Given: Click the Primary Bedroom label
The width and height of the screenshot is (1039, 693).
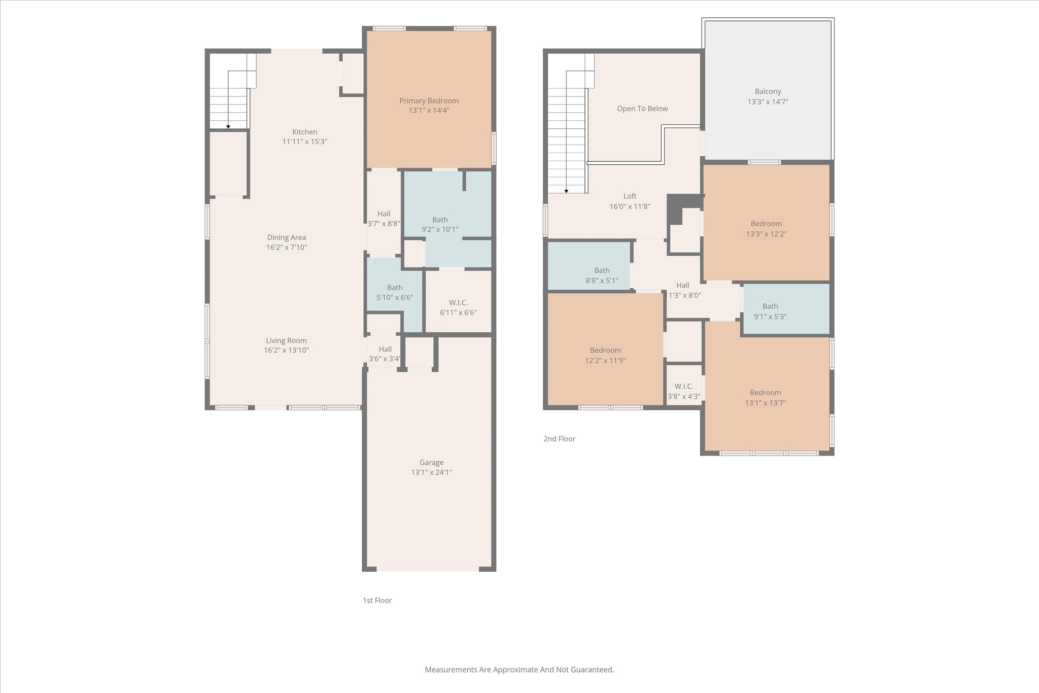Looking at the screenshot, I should coord(429,101).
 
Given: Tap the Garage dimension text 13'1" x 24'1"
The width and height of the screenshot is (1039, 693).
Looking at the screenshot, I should coord(431,472).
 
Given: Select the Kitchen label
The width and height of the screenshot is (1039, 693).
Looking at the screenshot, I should coord(304,132).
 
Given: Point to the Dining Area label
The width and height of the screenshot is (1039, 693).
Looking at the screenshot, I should coord(286,237).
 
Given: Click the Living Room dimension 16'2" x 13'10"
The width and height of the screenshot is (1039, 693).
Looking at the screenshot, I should coord(286,350).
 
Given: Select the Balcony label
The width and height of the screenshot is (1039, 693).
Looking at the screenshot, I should coord(768,92).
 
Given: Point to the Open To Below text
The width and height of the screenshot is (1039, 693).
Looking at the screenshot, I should coord(642,109).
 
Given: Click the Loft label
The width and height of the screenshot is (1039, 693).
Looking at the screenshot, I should coord(630,196).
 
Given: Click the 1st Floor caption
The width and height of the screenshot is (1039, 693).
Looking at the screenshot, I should coord(377,600).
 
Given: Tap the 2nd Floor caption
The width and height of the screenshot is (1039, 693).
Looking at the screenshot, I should coord(559,439).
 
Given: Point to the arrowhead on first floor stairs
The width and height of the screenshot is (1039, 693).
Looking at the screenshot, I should coord(229,127).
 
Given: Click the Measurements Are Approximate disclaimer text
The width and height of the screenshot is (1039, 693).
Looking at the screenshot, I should coord(519,670).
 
